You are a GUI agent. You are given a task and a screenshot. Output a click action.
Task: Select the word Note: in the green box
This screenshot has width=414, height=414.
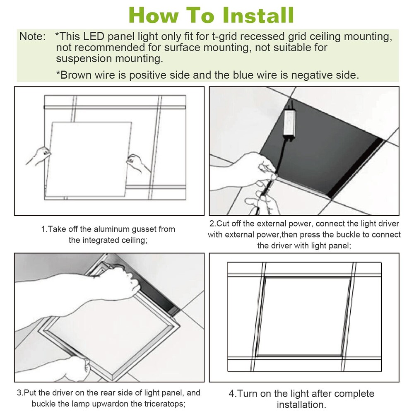33,36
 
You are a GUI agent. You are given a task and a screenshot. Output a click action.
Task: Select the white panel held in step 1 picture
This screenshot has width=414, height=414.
89,159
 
